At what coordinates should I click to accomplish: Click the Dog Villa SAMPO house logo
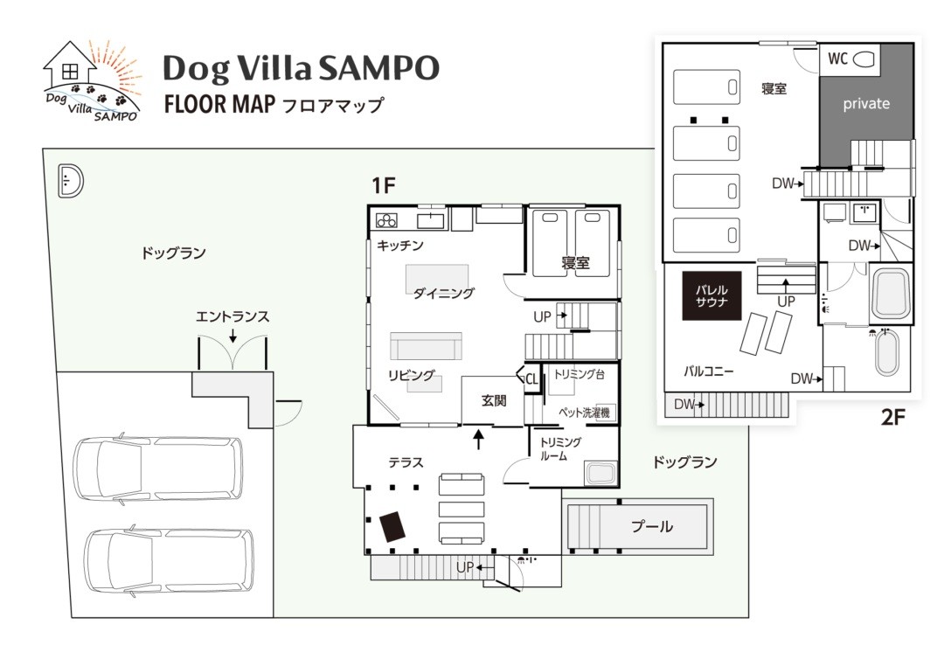92,80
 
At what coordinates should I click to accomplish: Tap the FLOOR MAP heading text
220,106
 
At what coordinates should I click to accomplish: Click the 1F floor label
384,185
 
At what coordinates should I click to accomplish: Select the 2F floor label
892,416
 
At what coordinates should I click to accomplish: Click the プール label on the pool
652,526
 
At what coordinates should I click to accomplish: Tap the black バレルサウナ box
711,297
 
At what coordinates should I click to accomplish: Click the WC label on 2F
837,59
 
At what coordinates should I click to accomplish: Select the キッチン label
400,246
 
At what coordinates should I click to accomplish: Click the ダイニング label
443,294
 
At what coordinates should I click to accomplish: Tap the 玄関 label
494,401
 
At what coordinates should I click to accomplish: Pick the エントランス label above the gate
232,317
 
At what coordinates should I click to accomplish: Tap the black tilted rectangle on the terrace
393,527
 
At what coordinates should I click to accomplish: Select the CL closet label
531,378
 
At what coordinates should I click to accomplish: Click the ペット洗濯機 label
584,412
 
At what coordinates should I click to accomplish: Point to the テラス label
406,462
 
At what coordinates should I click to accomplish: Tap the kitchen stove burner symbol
386,219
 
